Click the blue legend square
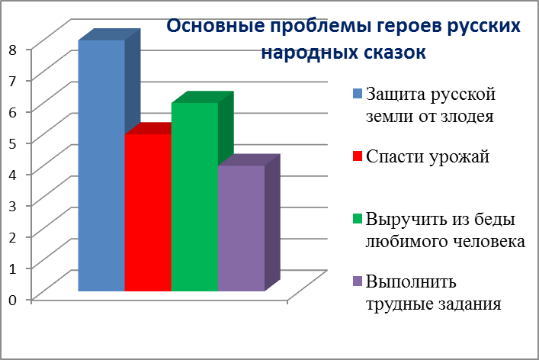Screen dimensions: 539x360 coord(358,94)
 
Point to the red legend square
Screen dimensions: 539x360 coord(358,156)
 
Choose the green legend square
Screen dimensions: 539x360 coord(358,219)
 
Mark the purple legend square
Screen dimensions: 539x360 coord(358,281)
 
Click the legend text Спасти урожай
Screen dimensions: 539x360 coord(428,157)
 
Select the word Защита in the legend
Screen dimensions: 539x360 coord(396,95)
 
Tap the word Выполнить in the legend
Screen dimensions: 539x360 coord(411,282)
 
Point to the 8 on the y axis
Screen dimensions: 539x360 coord(13,50)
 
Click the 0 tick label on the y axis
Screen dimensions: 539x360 coord(13,300)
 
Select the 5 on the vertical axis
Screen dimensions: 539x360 coord(13,143)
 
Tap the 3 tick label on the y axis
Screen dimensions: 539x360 coord(13,206)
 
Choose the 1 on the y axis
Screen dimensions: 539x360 coord(13,268)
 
